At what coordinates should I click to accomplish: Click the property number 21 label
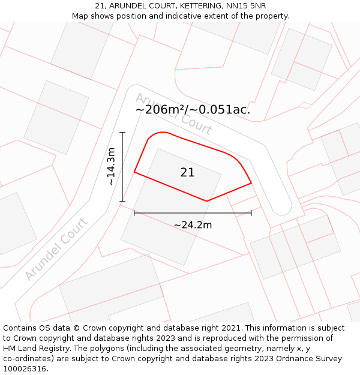coord(187,172)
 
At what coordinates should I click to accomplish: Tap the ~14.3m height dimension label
coord(111,167)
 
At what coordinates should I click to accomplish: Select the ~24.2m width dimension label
coord(193,225)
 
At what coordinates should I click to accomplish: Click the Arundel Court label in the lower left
coord(56,248)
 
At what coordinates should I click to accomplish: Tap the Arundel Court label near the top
coord(173,113)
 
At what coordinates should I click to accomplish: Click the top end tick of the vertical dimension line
coord(122,132)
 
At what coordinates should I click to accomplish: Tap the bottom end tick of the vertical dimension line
coord(122,201)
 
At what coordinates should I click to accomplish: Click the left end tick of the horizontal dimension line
coord(134,212)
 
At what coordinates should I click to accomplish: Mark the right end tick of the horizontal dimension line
coord(251,212)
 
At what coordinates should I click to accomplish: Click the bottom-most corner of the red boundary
coord(206,201)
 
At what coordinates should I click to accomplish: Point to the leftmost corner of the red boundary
coord(134,172)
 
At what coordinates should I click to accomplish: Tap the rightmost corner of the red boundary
coord(251,182)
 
